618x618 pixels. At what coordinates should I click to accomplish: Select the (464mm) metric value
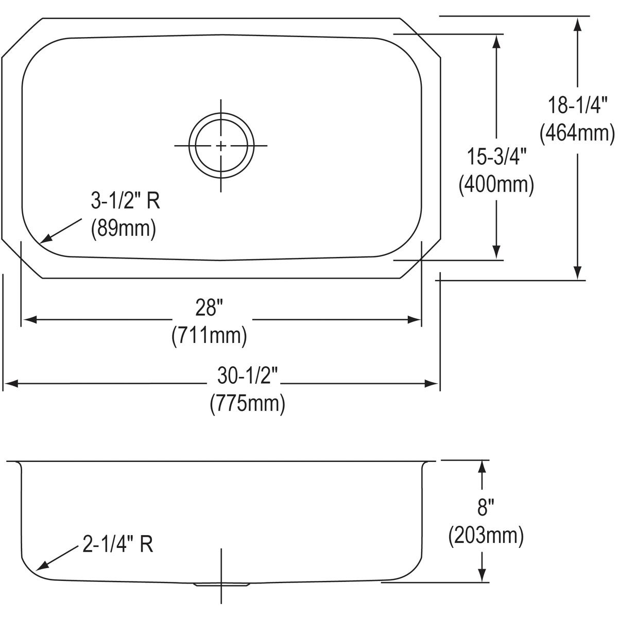pyautogui.click(x=577, y=133)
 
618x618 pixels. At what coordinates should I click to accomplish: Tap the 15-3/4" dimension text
pyautogui.click(x=496, y=156)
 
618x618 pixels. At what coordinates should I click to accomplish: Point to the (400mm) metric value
pyautogui.click(x=496, y=184)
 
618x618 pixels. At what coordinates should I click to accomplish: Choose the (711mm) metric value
pyautogui.click(x=209, y=336)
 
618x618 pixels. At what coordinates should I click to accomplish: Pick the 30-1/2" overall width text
pyautogui.click(x=247, y=375)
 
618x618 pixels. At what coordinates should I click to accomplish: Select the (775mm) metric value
pyautogui.click(x=247, y=403)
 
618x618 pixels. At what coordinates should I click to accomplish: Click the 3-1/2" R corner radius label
pyautogui.click(x=125, y=201)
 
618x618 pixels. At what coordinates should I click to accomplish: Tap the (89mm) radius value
pyautogui.click(x=123, y=229)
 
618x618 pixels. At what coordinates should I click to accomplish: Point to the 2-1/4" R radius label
pyautogui.click(x=117, y=544)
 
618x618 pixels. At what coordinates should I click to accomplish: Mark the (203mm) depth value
pyautogui.click(x=486, y=536)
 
